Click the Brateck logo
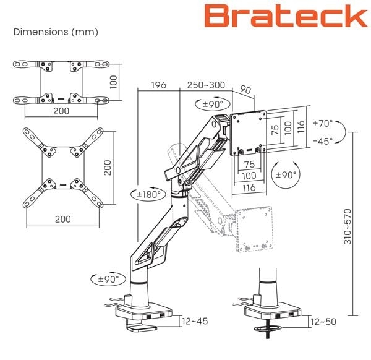coord(286,17)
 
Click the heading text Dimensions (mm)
coord(56,32)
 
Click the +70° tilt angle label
coord(322,123)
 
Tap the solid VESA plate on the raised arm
coord(249,133)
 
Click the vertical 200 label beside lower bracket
coord(109,166)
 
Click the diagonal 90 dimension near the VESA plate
coord(245,90)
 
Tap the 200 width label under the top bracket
coord(61,111)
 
